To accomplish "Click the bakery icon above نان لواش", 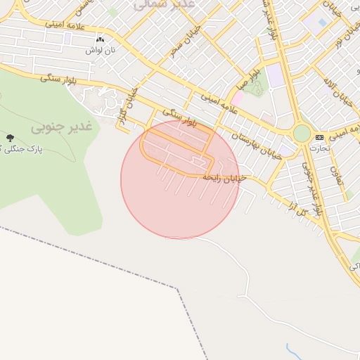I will coord(99,40).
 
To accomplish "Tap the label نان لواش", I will coord(99,51).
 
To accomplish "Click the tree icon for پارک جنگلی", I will coord(9,138).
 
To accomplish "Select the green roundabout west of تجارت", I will coord(302,133).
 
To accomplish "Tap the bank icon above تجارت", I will coord(320,136).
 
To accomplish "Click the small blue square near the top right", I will coord(322,22).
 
